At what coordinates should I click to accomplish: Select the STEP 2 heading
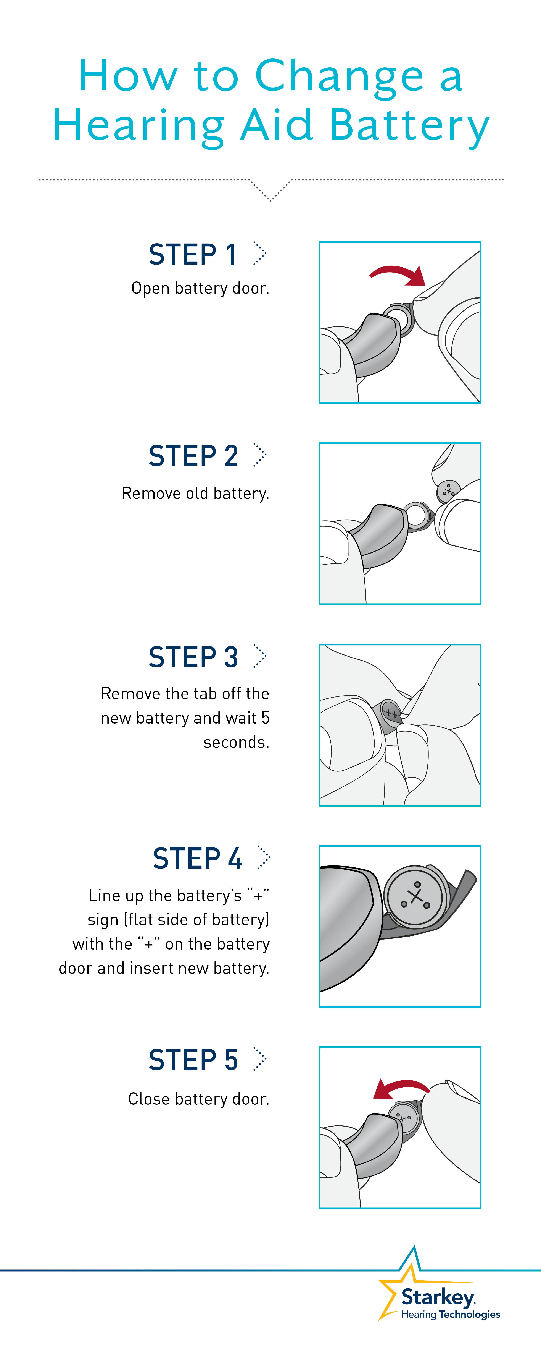tap(193, 456)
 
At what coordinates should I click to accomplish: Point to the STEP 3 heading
tap(193, 657)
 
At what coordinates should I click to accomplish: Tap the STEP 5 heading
tap(193, 1060)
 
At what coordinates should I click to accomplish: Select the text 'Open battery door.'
tap(200, 289)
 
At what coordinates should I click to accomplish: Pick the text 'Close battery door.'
tap(198, 1099)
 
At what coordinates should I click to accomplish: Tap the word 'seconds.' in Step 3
tap(236, 742)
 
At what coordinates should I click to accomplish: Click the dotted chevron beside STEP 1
tap(260, 254)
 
